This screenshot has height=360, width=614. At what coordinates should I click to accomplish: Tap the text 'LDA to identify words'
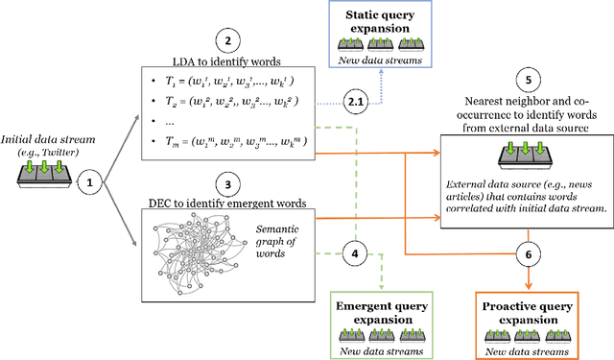pos(226,60)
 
